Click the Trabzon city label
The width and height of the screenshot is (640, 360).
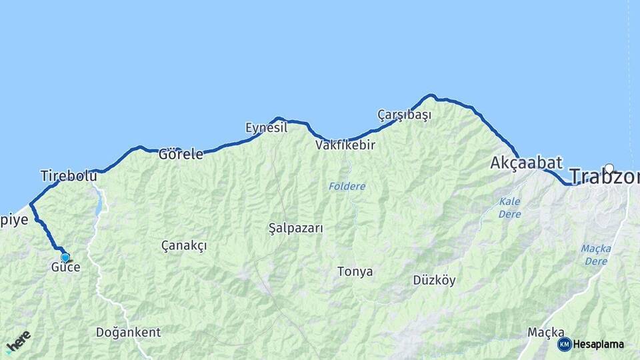tap(604, 177)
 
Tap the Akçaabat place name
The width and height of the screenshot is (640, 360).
tap(526, 163)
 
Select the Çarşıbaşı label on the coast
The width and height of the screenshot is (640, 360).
tap(404, 115)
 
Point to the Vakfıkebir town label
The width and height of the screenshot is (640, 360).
tap(345, 145)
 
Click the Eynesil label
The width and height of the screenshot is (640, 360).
tap(266, 127)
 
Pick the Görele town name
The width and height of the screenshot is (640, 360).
tap(181, 155)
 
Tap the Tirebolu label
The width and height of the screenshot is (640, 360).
tap(69, 176)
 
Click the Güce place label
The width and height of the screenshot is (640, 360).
tap(65, 267)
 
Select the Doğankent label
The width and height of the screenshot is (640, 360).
tap(128, 332)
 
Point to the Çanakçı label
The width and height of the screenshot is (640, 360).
tap(184, 245)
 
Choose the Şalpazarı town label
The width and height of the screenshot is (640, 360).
tap(295, 228)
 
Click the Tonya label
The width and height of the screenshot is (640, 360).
tap(355, 271)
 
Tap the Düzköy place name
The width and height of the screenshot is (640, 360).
tap(434, 280)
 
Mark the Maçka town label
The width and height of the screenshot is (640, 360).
tap(546, 332)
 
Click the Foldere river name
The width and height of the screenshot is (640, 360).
tap(347, 186)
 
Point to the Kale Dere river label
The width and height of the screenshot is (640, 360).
tap(510, 207)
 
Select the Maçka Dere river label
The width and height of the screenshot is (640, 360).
tap(595, 255)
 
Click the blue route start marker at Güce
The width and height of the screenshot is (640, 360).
tap(65, 257)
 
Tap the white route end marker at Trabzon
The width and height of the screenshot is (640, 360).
tap(609, 169)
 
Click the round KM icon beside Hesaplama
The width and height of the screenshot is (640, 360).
tap(564, 344)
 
